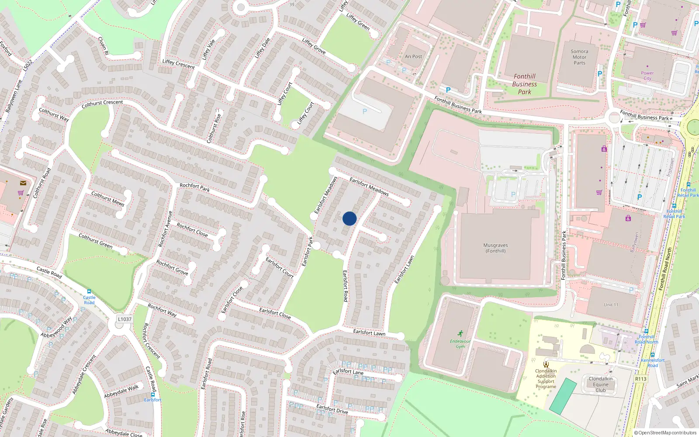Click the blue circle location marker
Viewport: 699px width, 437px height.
(x=349, y=218)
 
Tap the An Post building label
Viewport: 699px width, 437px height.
(x=413, y=56)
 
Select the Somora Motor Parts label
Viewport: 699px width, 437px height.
(x=579, y=57)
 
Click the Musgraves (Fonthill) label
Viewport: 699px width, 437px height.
(x=495, y=248)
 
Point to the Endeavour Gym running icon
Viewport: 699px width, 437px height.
(x=460, y=333)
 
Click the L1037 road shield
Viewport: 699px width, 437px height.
(x=125, y=319)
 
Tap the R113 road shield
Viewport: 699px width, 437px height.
(x=640, y=379)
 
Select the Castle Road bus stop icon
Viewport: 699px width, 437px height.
(x=89, y=291)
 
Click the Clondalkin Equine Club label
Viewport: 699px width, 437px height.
(x=600, y=385)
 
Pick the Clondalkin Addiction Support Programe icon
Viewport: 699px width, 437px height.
(x=546, y=364)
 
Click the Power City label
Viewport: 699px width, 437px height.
(x=647, y=76)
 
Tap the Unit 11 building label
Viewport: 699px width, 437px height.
(x=611, y=305)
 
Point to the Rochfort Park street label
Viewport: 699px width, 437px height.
(x=194, y=187)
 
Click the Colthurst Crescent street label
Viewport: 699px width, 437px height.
(x=102, y=104)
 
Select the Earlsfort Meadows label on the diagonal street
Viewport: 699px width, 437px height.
(x=369, y=186)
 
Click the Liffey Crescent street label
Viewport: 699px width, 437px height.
(x=178, y=64)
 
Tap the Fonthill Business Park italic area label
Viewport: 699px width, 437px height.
(x=524, y=84)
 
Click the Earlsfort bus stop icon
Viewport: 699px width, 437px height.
(x=152, y=394)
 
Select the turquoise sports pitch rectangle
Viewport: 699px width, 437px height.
(x=563, y=396)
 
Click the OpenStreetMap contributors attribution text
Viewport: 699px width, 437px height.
(x=665, y=433)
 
